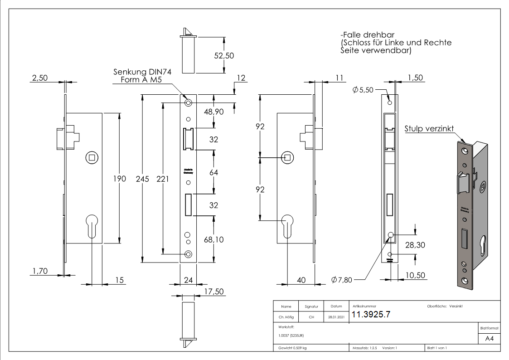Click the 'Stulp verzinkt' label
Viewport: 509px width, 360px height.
click(429, 129)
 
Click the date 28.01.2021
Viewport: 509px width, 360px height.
click(336, 317)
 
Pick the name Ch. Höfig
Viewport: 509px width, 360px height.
click(286, 317)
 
